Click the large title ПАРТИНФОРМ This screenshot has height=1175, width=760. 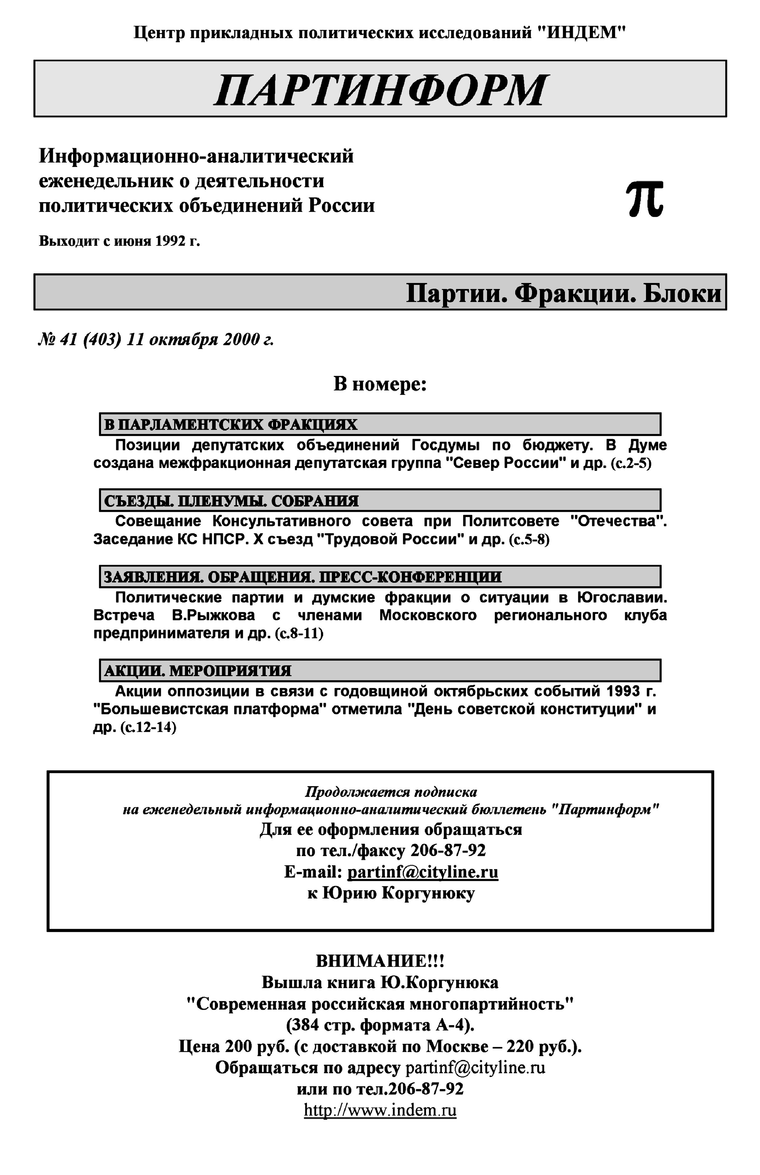(380, 90)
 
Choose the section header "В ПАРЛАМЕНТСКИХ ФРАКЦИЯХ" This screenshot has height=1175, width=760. (231, 424)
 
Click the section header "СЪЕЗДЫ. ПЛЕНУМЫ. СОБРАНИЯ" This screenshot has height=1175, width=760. (231, 501)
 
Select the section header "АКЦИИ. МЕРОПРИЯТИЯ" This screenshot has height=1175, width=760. (197, 671)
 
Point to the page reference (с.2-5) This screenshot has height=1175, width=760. (631, 464)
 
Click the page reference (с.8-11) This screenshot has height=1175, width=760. (299, 633)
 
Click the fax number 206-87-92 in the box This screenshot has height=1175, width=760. (448, 851)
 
